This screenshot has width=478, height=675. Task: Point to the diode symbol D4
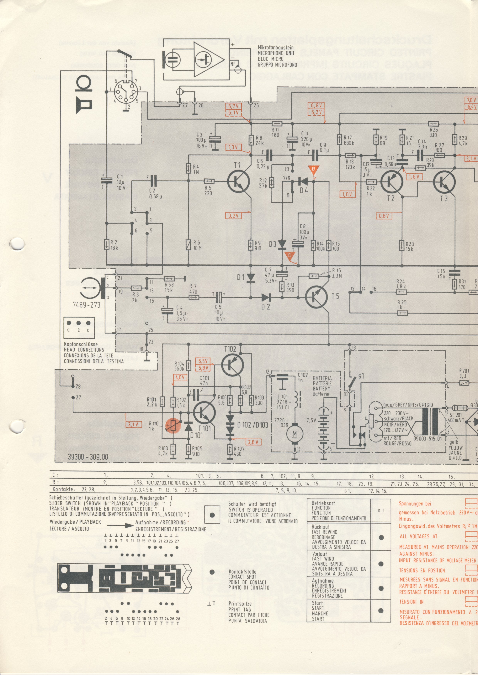[x=303, y=181]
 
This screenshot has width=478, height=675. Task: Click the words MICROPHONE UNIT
[x=276, y=53]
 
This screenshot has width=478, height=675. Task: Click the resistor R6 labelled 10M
[x=188, y=244]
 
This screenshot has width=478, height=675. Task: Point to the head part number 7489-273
[x=86, y=305]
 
